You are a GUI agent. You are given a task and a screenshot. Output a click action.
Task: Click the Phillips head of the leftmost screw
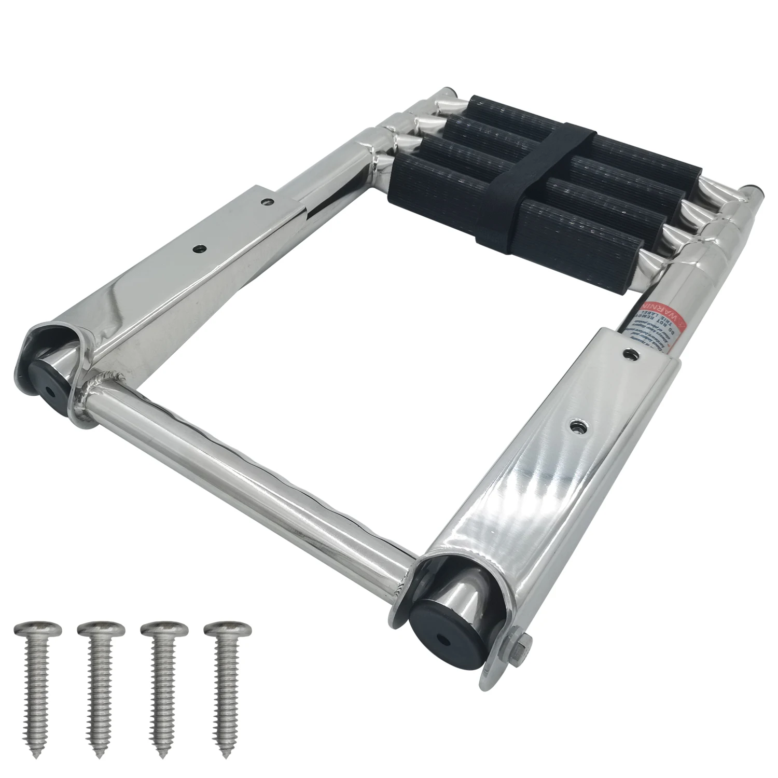(x=38, y=630)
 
